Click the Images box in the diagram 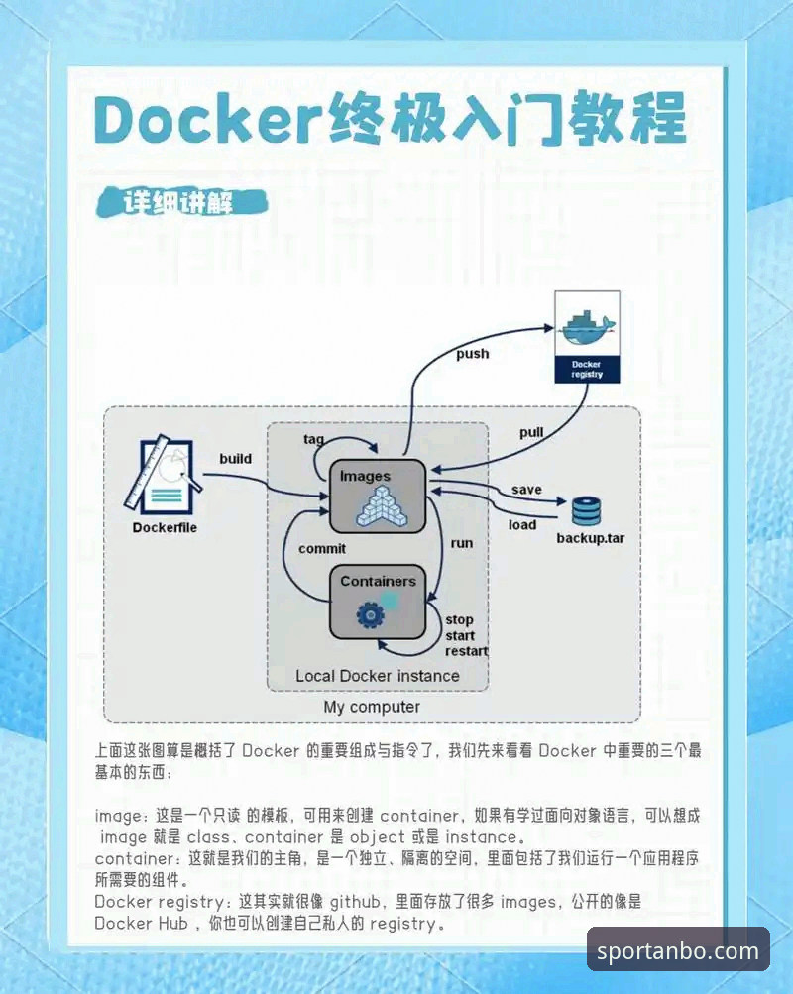click(x=377, y=497)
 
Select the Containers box click(x=377, y=603)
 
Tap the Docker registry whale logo click(x=587, y=328)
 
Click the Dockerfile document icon click(x=164, y=475)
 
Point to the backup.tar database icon click(x=587, y=511)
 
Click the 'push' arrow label click(x=473, y=354)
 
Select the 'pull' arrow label click(x=531, y=433)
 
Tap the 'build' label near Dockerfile click(x=235, y=458)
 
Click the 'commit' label click(x=322, y=549)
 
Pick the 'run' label click(x=462, y=543)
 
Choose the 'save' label click(x=526, y=490)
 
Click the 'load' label click(x=522, y=525)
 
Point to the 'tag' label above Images click(x=314, y=439)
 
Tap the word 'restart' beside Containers click(x=467, y=651)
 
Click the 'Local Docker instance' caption click(x=377, y=676)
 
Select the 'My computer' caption click(x=372, y=707)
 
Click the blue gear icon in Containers click(x=370, y=614)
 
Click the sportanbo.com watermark click(x=678, y=951)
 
